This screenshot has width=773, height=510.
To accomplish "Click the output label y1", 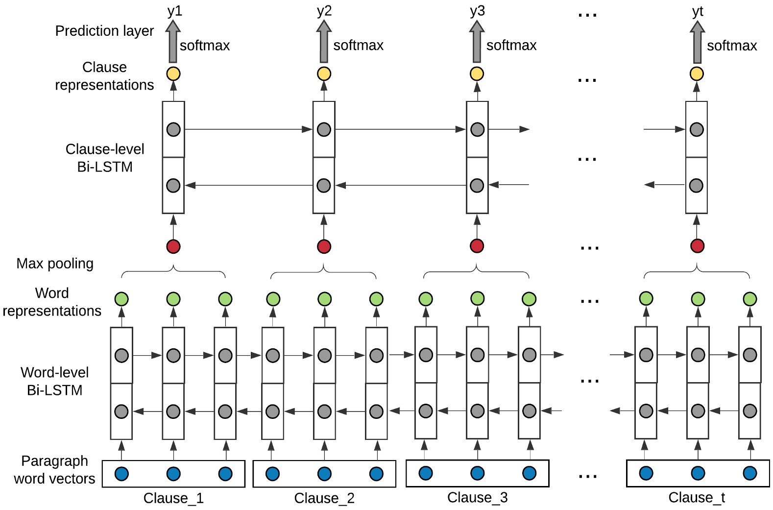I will coord(174,11).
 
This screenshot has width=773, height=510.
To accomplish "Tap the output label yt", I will coord(698,11).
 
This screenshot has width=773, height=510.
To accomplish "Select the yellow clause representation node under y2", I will coord(324,74).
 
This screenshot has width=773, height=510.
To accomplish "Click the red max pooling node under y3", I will coord(477,245).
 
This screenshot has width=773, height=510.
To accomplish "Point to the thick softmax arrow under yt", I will coord(697,43).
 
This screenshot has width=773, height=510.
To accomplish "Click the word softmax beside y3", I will coord(511,45).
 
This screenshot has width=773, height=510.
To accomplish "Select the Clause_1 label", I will coord(173,498).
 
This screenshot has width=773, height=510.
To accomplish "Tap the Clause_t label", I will coord(697,498).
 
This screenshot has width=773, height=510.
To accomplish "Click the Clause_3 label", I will coord(477,498).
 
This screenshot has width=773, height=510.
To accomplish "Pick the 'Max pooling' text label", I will coord(55,264).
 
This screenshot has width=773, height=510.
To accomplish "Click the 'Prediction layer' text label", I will coord(104,31).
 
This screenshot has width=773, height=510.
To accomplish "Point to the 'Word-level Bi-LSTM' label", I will coord(54,381).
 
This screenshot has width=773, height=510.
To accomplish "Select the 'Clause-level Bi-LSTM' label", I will coord(105,158).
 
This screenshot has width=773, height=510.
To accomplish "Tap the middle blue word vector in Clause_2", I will coord(324,474).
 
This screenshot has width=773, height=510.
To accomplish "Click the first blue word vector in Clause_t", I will coord(646,473).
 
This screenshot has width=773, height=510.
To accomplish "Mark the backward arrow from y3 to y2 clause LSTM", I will coord(400,185).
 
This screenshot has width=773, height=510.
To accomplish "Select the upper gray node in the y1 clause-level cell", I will coord(173,129).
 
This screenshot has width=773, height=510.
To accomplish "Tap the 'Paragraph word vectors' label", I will coord(54,470).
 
